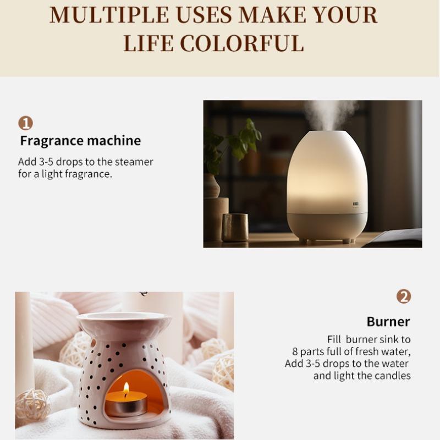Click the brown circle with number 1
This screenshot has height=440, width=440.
click(25, 123)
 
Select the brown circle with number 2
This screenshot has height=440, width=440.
click(404, 296)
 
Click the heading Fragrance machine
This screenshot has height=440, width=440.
click(80, 141)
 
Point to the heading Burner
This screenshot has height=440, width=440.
click(388, 322)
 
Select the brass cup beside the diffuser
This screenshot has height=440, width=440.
click(235, 227)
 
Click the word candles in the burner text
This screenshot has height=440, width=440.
click(393, 376)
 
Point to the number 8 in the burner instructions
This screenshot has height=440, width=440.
click(295, 352)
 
